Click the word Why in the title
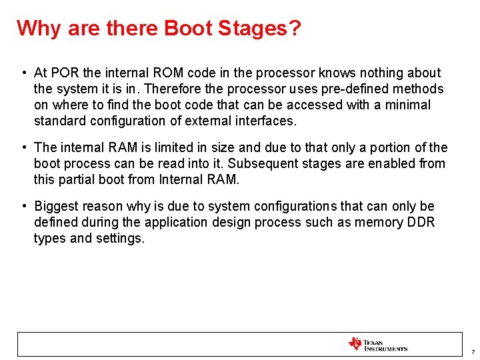(36, 29)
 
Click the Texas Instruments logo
(377, 344)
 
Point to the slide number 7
(472, 351)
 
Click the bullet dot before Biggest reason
(23, 206)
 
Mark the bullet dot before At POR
(23, 73)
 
